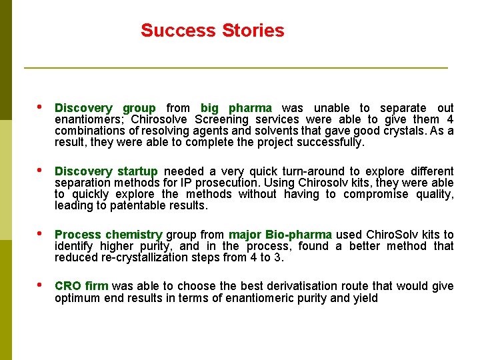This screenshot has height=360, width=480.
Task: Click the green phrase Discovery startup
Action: tap(106, 171)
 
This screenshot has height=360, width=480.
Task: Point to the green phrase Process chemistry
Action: tap(108, 235)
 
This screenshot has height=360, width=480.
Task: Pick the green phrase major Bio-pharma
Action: tap(280, 235)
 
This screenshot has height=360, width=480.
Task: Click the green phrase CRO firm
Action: tap(81, 286)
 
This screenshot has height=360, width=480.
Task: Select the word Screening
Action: tap(221, 119)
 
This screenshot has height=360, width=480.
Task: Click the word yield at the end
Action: tap(365, 298)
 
